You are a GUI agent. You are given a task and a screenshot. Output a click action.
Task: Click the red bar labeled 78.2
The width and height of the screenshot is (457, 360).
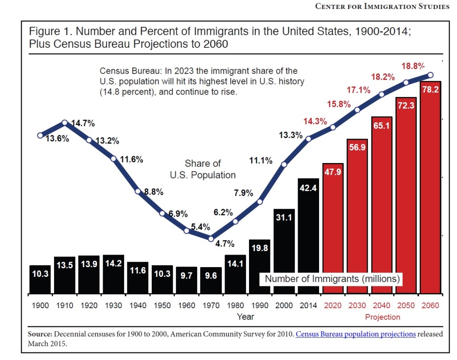coord(430,188)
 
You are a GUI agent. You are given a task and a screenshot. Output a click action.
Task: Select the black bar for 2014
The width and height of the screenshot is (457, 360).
coord(308,237)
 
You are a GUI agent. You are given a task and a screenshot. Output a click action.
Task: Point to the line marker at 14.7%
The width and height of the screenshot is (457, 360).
coord(65,122)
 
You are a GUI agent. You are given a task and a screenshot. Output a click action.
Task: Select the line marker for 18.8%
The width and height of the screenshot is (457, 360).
coord(430,75)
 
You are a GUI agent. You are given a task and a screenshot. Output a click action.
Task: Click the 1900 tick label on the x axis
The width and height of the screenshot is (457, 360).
coord(41,306)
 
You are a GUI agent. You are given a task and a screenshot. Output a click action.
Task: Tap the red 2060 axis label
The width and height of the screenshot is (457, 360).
coord(430,306)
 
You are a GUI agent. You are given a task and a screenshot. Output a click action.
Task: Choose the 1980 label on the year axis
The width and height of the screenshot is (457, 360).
coord(235,306)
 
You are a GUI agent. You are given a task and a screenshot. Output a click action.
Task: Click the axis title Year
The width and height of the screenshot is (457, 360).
coord(245,317)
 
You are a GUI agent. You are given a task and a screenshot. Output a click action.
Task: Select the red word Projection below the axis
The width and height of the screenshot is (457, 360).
coord(382,317)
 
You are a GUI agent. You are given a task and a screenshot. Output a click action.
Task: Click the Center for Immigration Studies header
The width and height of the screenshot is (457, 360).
coord(382,6)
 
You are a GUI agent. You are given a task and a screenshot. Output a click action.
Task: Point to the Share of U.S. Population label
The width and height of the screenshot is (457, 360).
coord(203,169)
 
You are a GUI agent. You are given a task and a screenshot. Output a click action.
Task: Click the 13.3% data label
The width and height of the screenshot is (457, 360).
coord(291,135)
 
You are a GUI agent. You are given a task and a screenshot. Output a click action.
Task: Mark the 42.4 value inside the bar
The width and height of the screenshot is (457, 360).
coord(308,188)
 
